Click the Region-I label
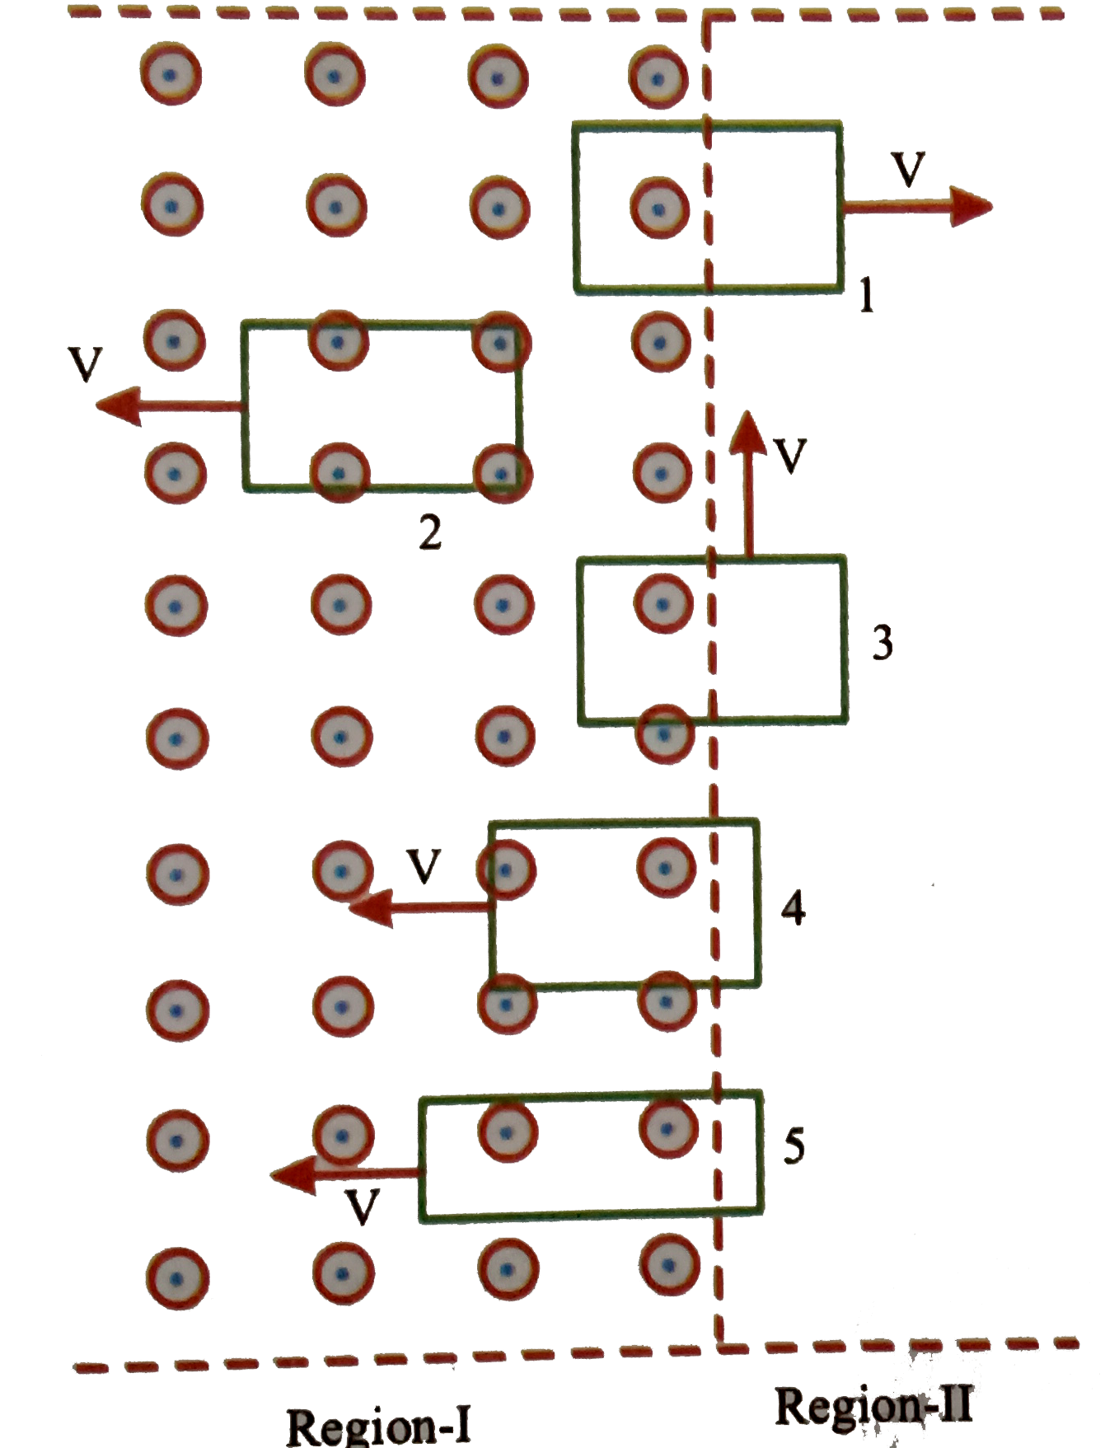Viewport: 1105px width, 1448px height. point(378,1424)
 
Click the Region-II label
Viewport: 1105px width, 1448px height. point(873,1405)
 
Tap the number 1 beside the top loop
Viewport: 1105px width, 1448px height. point(865,295)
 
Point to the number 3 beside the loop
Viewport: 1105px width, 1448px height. point(883,642)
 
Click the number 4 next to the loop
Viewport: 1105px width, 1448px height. point(793,908)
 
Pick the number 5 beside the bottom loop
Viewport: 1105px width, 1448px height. point(794,1146)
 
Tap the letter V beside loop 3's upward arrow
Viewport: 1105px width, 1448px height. point(790,456)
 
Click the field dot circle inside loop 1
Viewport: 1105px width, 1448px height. point(658,209)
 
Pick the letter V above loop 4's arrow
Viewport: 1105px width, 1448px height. point(424,866)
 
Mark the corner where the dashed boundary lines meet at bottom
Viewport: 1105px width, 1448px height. point(719,1347)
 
